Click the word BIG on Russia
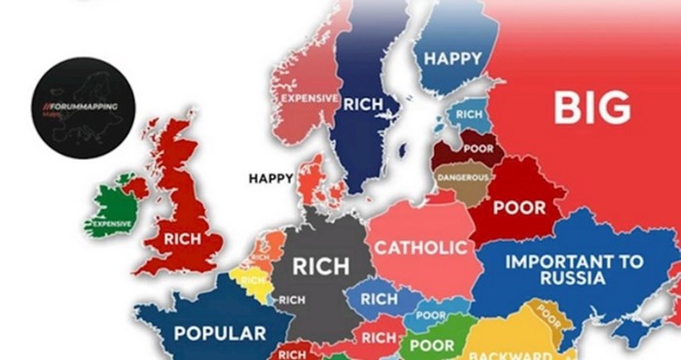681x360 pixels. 592,107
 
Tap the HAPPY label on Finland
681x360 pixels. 453,59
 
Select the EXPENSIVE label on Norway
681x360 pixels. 309,98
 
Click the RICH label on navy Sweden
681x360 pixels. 363,103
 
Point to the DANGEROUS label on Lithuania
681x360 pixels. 463,178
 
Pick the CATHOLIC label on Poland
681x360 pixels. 421,248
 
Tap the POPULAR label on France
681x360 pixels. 220,332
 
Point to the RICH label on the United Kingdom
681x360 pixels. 183,240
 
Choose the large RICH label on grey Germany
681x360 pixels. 320,266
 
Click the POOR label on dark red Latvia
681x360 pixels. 478,148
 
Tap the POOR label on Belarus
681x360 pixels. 519,207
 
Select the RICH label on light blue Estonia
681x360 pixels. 469,114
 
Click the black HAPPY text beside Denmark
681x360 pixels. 271,179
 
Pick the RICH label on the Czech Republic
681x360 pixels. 379,299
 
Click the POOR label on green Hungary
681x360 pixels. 432,346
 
